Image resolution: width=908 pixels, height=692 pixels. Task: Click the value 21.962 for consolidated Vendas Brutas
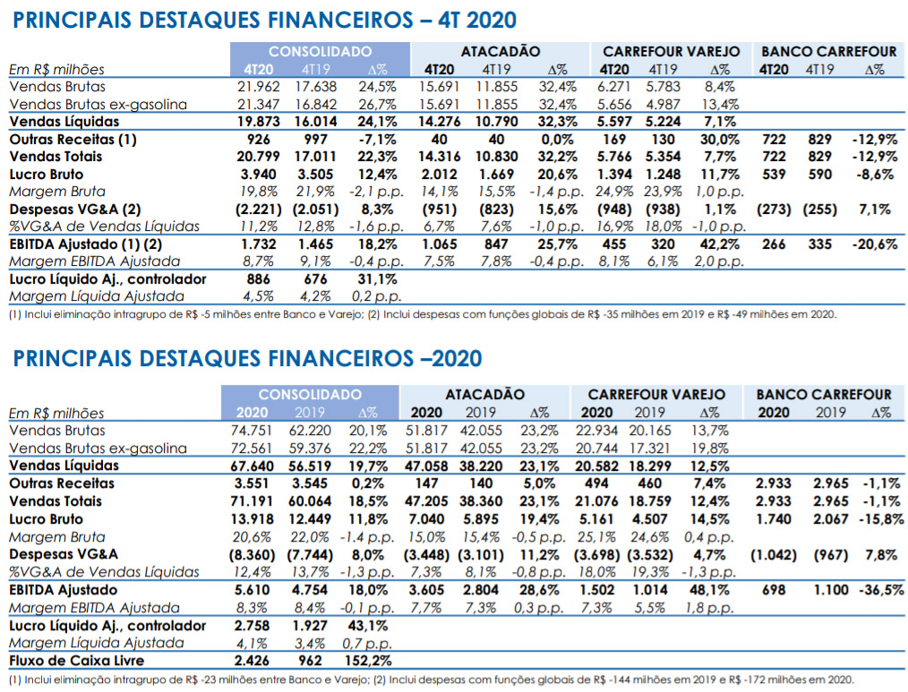pos(258,87)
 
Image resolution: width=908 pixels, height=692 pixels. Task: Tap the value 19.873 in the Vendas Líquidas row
pos(258,122)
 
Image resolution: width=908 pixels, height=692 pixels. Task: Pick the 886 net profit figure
pos(258,279)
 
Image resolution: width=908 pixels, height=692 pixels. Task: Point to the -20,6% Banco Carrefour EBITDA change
pos(874,244)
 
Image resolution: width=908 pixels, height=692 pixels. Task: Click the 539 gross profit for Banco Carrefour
pos(774,175)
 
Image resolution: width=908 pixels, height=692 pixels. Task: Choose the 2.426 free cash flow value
pos(252,661)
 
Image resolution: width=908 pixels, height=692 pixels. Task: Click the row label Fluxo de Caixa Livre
pos(76,661)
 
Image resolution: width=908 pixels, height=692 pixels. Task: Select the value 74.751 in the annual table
pos(252,431)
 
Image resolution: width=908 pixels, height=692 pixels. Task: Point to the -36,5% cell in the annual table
pos(881,590)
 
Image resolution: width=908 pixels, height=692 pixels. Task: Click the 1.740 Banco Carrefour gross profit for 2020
pos(774,519)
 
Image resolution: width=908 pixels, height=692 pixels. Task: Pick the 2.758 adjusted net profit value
pos(252,626)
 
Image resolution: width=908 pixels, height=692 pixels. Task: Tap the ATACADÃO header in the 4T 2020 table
pos(501,52)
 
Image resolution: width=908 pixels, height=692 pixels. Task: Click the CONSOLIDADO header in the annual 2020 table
pos(310,395)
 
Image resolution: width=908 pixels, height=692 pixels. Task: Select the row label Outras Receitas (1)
pos(73,140)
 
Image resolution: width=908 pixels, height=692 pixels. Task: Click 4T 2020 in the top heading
pos(477,21)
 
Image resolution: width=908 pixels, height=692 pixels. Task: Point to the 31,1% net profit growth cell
pos(377,279)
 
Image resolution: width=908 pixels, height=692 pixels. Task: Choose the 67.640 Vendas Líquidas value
pos(252,466)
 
